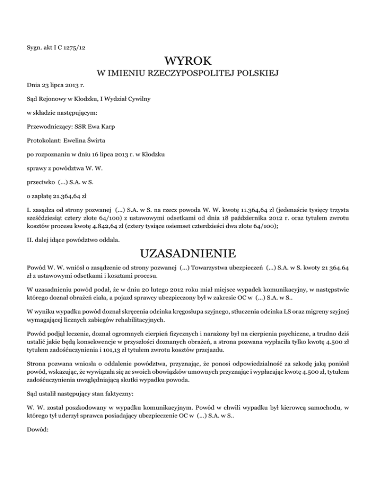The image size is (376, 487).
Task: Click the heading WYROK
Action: (x=188, y=62)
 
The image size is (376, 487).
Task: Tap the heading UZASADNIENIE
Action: (x=188, y=253)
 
